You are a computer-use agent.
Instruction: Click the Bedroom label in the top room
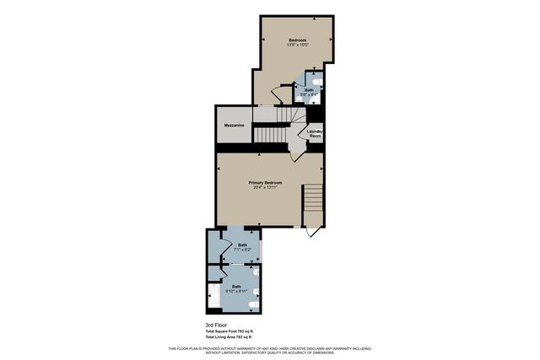(x=297, y=40)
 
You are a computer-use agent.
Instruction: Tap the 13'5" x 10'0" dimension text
(x=297, y=46)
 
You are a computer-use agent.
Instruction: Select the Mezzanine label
(x=234, y=125)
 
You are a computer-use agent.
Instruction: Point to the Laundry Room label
(x=315, y=133)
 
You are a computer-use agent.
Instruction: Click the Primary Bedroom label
(x=265, y=182)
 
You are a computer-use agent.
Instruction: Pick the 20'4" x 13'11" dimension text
(x=265, y=187)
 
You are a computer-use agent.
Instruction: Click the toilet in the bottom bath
(x=255, y=298)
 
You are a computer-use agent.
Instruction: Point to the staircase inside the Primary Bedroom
(x=313, y=200)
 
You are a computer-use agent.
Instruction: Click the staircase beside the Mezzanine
(x=273, y=134)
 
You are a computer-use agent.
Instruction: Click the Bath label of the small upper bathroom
(x=309, y=89)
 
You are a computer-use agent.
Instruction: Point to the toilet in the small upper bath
(x=317, y=82)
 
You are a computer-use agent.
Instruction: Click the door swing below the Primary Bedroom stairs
(x=313, y=229)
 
